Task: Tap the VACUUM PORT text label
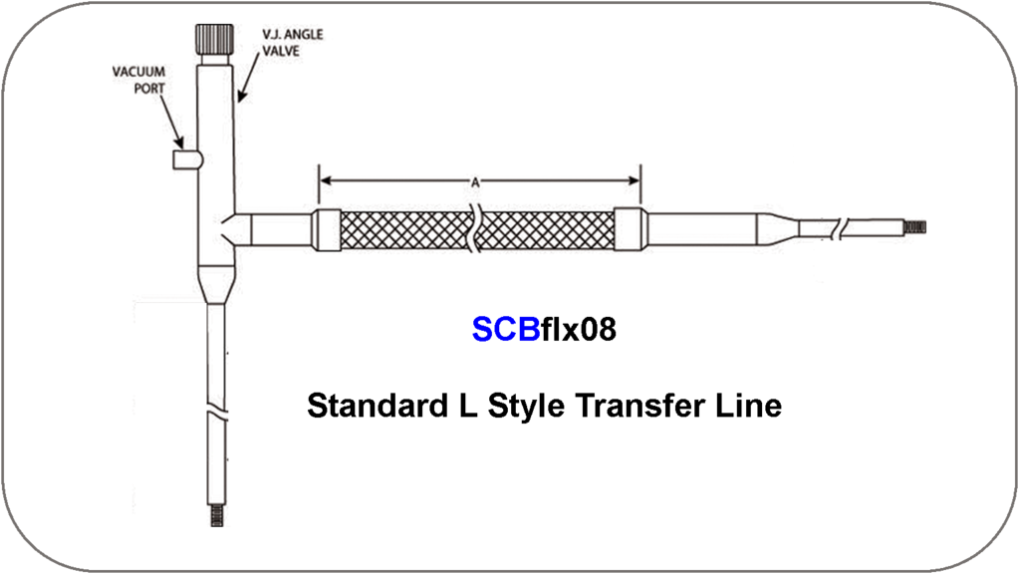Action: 139,80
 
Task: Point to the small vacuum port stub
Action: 186,159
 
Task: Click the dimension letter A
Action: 476,182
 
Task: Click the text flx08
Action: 579,330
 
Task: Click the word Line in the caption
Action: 749,407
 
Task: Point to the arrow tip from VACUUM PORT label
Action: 182,146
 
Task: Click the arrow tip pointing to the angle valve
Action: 238,102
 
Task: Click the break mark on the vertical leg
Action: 216,409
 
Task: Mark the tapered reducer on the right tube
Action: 778,228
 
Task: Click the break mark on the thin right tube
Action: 842,228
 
